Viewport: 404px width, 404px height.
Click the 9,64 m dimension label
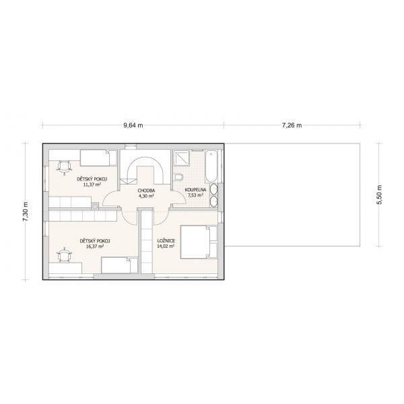[x=133, y=125]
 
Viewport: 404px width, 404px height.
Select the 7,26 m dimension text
[x=292, y=125]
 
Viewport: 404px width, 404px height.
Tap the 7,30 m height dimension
[x=26, y=211]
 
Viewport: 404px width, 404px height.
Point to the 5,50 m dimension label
[x=379, y=195]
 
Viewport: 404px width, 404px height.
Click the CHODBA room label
[x=146, y=191]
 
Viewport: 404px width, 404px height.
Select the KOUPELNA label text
[x=195, y=190]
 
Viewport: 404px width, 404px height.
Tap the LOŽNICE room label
[x=166, y=241]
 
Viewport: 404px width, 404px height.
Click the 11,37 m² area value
[x=92, y=184]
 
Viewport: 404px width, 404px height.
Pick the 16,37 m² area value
[x=95, y=246]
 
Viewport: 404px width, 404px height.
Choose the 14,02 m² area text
[x=166, y=246]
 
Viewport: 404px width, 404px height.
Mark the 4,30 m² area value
[x=146, y=196]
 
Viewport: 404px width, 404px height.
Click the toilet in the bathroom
[x=178, y=177]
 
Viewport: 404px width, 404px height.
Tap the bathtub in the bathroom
[x=211, y=166]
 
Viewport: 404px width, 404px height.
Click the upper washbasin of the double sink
[x=214, y=190]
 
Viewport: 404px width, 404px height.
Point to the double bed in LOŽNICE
[x=199, y=242]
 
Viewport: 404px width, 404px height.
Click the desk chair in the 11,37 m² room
[x=64, y=168]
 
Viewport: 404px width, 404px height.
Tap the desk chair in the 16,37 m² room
[x=64, y=255]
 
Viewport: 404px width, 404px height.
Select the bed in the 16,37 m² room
[x=120, y=265]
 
